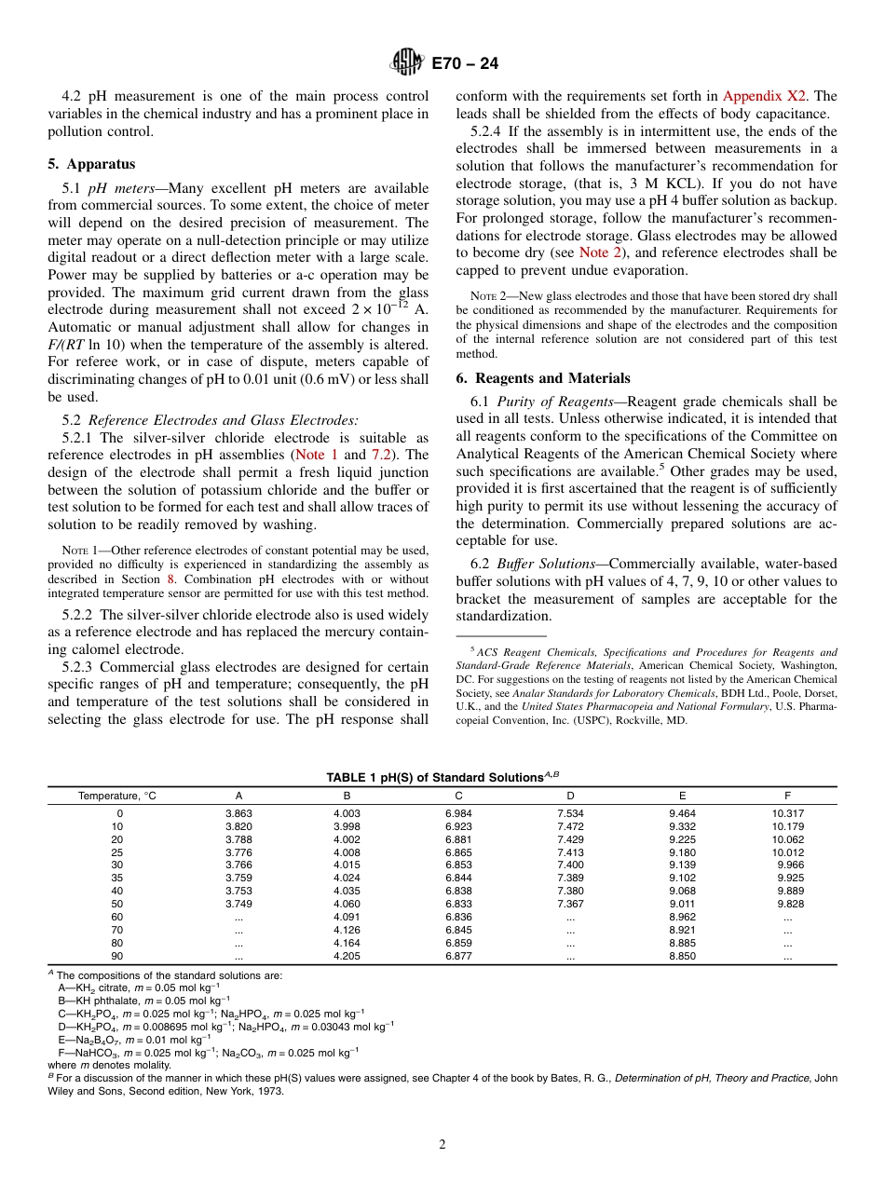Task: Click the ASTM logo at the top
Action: tap(407, 63)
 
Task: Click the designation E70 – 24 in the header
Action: tap(465, 63)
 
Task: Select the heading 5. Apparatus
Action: tap(91, 164)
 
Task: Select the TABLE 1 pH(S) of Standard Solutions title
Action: tap(442, 777)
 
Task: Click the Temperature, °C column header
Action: tap(117, 796)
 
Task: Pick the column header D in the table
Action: tap(570, 796)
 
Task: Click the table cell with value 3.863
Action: tap(238, 813)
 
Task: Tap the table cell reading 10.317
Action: tap(787, 813)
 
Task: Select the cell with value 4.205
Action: tap(347, 956)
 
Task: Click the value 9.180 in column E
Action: tap(682, 852)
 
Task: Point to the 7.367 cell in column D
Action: tap(570, 904)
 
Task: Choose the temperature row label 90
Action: tap(117, 956)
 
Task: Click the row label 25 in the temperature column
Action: tap(117, 852)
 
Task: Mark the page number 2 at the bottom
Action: tap(442, 1145)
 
